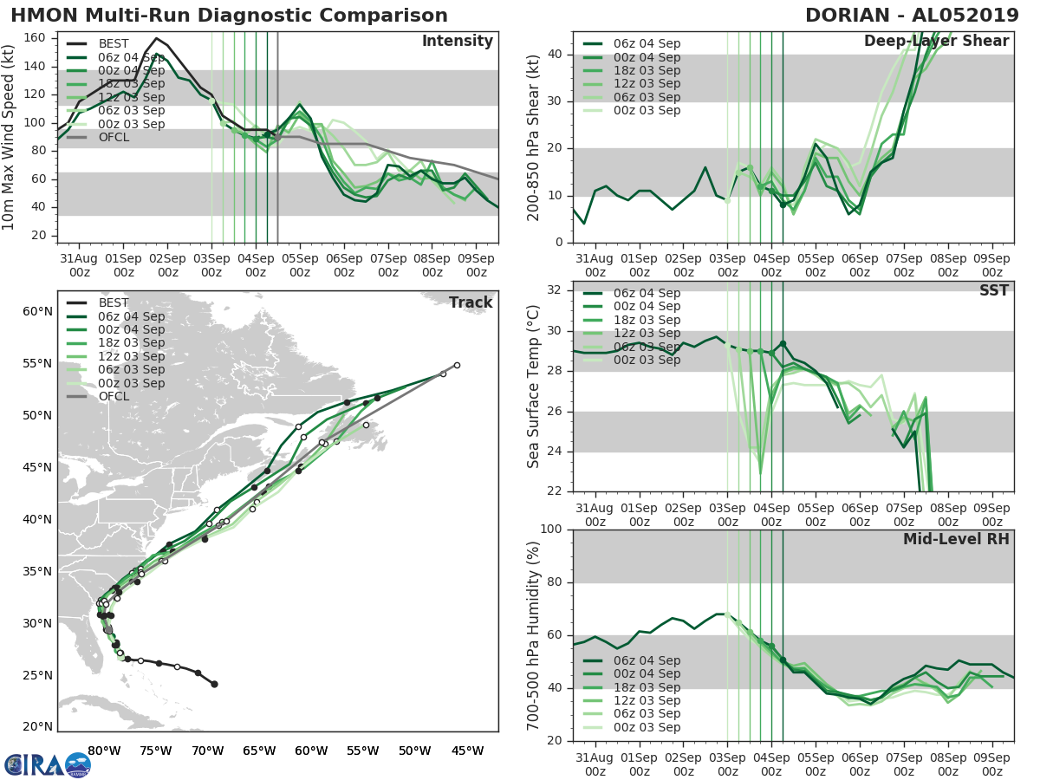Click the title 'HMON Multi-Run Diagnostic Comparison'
[x=230, y=16]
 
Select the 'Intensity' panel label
[x=457, y=42]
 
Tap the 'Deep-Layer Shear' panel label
[x=936, y=42]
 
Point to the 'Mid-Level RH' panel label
[x=956, y=540]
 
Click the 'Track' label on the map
[x=471, y=302]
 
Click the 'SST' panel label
[x=993, y=290]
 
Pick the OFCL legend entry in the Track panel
[x=114, y=396]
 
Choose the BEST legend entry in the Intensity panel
[x=114, y=43]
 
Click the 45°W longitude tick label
[x=466, y=751]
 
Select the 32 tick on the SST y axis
[x=556, y=290]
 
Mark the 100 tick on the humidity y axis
[x=553, y=530]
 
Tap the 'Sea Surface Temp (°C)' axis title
[x=534, y=387]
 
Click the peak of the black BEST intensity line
[x=156, y=38]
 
